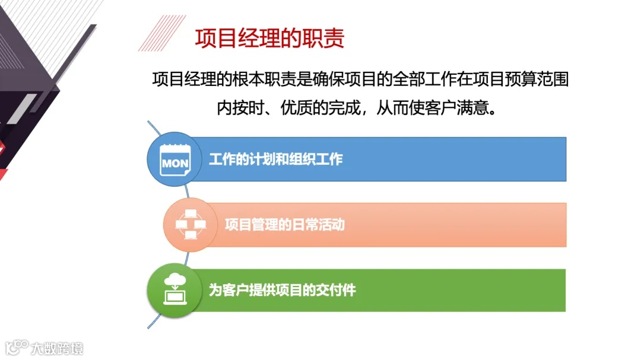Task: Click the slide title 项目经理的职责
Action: click(269, 39)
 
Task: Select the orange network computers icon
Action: click(190, 225)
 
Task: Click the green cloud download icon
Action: click(174, 289)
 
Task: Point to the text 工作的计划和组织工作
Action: click(275, 159)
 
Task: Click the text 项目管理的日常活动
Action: click(284, 225)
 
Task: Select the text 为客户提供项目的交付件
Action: click(282, 291)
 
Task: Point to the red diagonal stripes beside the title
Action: click(158, 33)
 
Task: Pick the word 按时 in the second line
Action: click(247, 109)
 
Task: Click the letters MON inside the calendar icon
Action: click(175, 163)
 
